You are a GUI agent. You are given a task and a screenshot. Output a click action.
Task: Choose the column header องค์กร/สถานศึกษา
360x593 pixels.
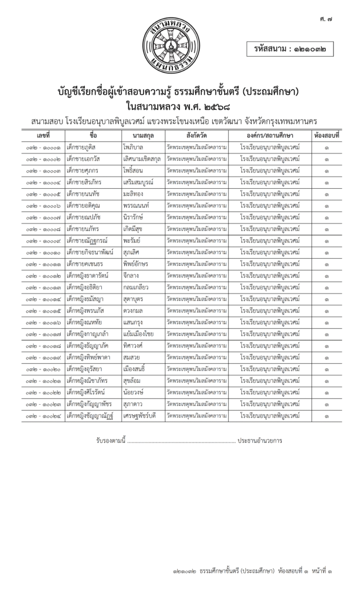tap(270, 136)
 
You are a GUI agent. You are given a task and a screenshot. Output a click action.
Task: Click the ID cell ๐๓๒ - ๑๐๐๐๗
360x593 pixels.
tap(45, 217)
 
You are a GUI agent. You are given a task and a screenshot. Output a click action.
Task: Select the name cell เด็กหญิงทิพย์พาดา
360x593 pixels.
tap(91, 357)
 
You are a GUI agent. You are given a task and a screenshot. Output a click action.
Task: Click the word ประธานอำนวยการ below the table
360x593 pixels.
tap(264, 441)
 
